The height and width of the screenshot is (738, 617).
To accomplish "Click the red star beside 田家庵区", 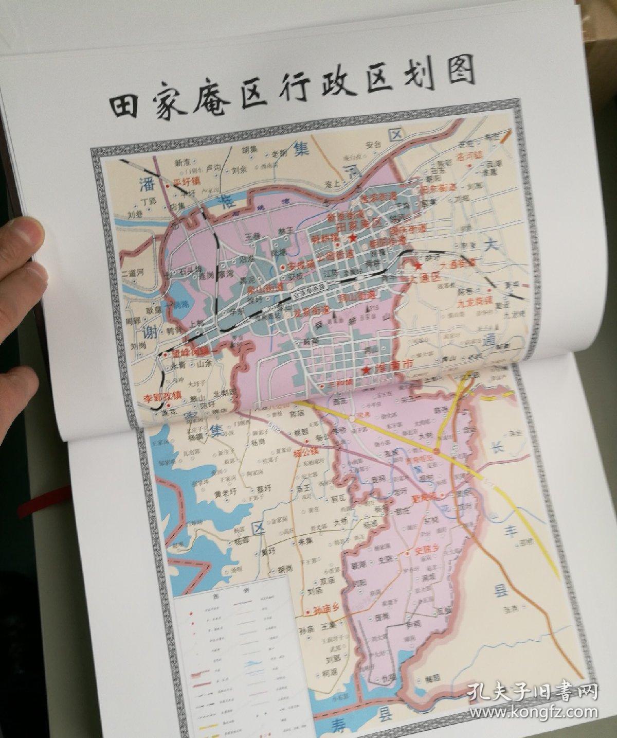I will tap(353, 238).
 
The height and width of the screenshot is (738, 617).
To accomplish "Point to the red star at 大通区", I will tap(419, 266).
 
